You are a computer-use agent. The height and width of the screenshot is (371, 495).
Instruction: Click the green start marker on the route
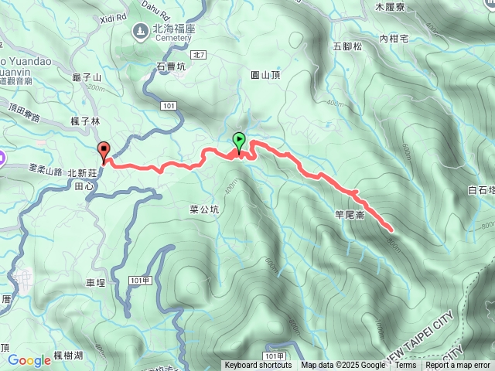[x=240, y=141]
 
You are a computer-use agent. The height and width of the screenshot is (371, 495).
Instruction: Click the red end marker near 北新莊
[x=103, y=150]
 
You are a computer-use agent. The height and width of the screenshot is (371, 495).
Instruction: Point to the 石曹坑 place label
[x=172, y=67]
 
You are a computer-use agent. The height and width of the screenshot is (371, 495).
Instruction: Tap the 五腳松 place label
[x=348, y=46]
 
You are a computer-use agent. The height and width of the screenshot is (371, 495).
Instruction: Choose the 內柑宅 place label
[x=393, y=37]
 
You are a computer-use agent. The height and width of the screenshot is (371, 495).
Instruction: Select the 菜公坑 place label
[x=205, y=209]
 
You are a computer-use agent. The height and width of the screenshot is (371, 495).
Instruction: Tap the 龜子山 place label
[x=86, y=77]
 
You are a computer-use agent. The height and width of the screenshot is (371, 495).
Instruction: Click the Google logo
[x=29, y=360]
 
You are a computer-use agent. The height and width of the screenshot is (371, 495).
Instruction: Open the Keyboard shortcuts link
[x=258, y=366]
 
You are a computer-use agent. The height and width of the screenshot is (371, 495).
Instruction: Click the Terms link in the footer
[x=405, y=366]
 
